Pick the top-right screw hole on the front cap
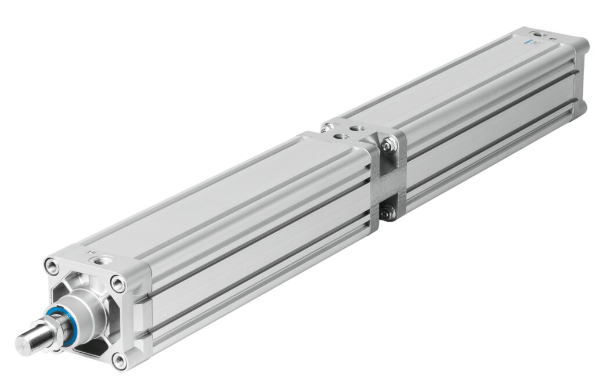118,284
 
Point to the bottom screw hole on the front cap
120,361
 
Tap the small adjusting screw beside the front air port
89,252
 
